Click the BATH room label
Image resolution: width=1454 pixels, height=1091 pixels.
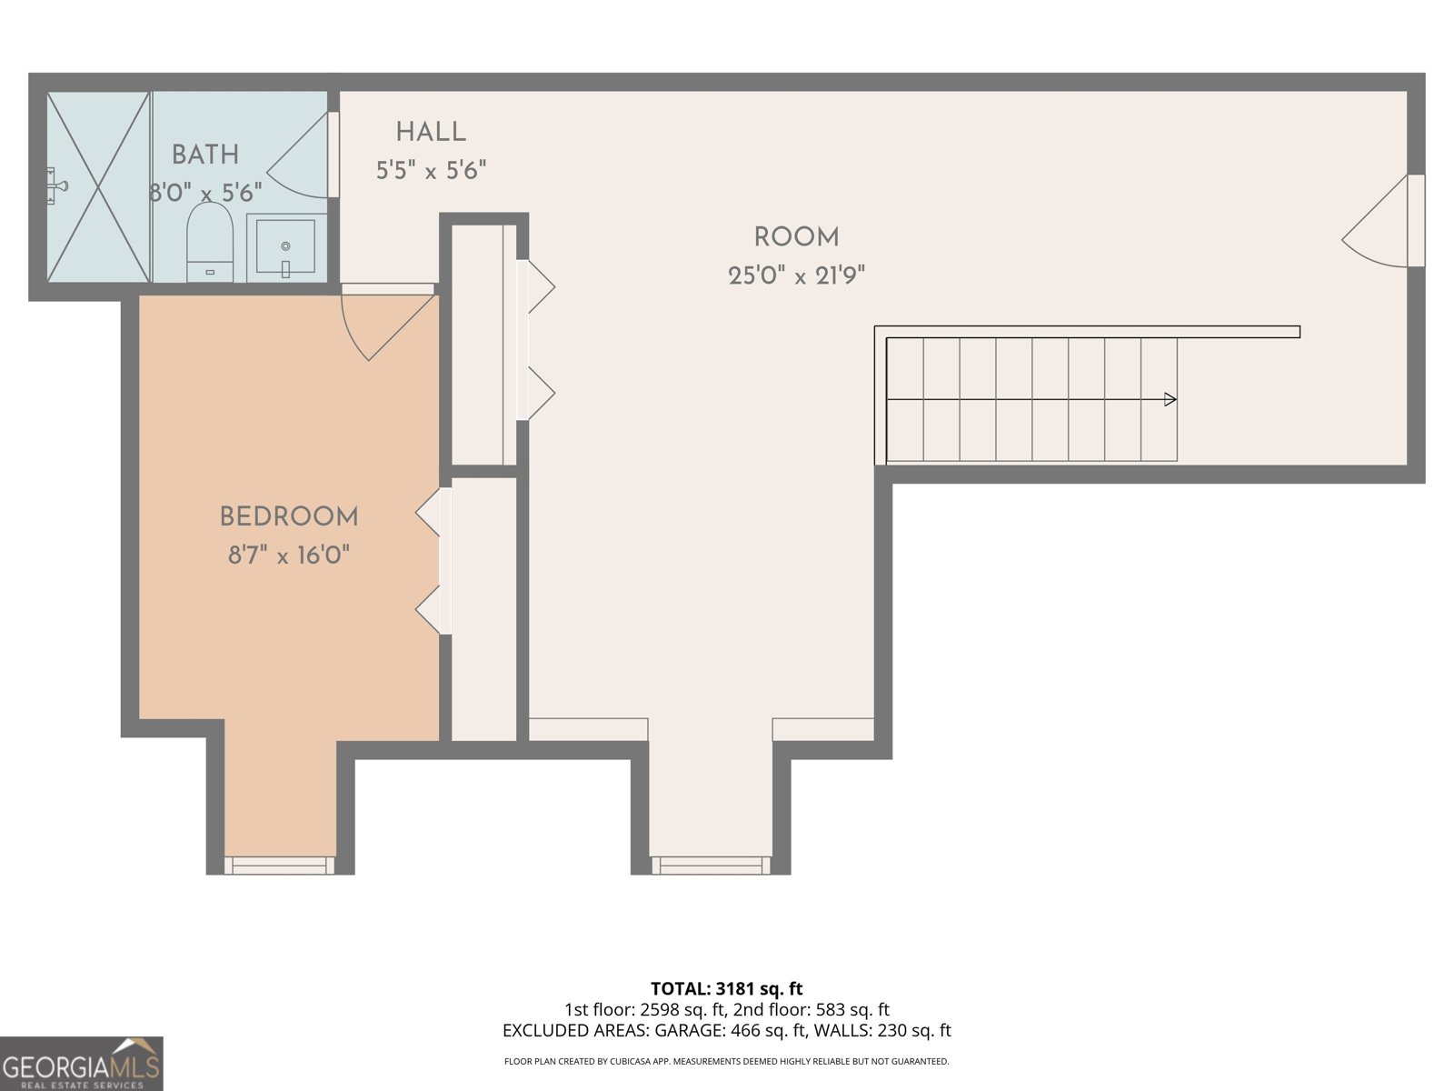pos(205,155)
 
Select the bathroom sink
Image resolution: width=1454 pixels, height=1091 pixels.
pos(285,246)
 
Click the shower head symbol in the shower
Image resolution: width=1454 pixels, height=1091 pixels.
pos(56,186)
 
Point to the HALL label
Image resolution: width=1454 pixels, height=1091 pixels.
pos(431,133)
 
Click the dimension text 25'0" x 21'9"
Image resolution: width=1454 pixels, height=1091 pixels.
pos(796,275)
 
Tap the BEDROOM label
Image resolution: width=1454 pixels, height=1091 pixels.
pos(289,517)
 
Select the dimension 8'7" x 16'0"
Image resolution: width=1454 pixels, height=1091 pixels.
pos(289,556)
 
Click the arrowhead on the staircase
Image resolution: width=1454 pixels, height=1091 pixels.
pos(1170,399)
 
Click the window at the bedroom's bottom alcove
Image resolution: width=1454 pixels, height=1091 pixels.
pos(279,865)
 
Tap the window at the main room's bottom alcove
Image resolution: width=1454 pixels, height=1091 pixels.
pos(711,865)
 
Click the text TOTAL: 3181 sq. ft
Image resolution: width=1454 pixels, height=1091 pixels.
pos(726,988)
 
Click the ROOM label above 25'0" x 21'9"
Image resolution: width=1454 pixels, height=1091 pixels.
pos(796,237)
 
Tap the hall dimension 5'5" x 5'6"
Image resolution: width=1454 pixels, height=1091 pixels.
pos(431,170)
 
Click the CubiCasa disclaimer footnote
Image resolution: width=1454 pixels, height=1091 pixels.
pos(726,1061)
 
